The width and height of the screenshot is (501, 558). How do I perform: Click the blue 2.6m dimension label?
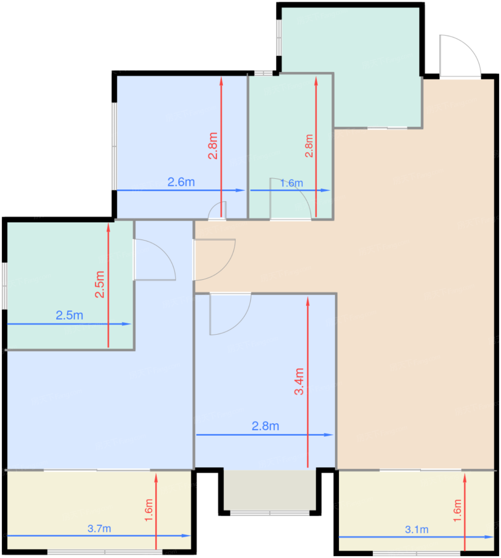tap(181, 182)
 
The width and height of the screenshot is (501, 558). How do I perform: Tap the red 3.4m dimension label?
tap(299, 382)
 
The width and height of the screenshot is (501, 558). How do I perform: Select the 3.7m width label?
tap(99, 529)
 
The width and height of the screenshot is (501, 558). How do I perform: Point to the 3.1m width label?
tap(417, 529)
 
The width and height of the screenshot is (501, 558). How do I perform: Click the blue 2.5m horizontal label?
tap(69, 315)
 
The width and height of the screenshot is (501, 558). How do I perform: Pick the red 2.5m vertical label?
tap(100, 285)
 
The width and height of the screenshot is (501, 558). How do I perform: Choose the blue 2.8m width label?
tap(265, 426)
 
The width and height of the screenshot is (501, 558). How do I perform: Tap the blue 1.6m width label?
tap(291, 183)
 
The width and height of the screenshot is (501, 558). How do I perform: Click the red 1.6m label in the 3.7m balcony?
tap(148, 510)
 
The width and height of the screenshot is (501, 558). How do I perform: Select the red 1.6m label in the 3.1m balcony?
tap(457, 510)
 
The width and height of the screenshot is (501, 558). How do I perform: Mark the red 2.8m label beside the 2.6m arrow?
tap(213, 146)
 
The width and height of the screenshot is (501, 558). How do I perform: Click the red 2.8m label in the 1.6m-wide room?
tap(309, 146)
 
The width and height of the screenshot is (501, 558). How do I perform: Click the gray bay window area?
tap(270, 490)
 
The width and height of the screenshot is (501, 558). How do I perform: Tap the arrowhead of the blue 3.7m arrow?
tap(186, 536)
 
